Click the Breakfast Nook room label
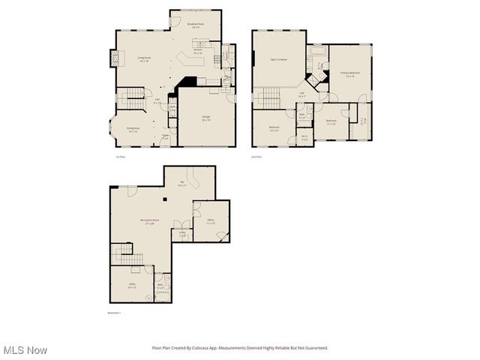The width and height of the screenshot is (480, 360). pos(196,25)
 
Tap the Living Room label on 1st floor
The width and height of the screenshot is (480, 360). pos(144,59)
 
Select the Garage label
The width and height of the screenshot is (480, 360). pos(205,118)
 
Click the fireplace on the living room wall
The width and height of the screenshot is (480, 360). pos(115,58)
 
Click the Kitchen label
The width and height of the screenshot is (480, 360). pos(198,52)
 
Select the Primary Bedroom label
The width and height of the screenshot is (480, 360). pos(349,74)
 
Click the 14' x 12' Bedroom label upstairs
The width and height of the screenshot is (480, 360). pos(274,128)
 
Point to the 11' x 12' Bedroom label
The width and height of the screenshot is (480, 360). pos(331,121)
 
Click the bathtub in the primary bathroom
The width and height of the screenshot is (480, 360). pos(316,53)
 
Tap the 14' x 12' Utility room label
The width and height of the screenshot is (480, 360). pos(132,286)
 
